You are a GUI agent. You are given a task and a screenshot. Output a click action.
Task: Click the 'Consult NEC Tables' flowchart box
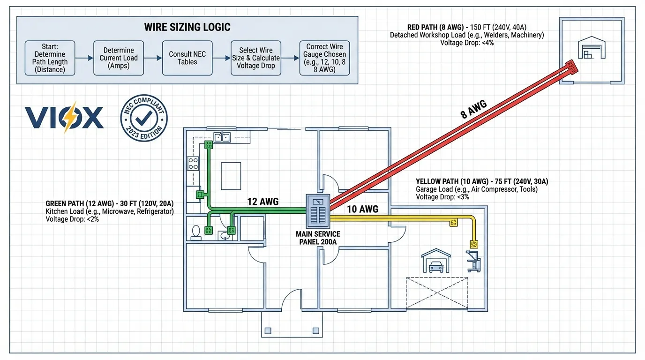[187, 58]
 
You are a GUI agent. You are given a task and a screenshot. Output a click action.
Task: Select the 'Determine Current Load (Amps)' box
[119, 58]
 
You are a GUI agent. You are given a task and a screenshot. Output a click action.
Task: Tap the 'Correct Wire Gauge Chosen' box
[324, 58]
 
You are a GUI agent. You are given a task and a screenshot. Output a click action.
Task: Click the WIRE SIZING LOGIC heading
[187, 27]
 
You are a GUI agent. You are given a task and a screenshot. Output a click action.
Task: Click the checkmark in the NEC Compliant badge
[143, 117]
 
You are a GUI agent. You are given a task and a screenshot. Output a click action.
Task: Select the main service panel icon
[318, 210]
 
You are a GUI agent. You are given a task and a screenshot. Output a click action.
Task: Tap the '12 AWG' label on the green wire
[263, 202]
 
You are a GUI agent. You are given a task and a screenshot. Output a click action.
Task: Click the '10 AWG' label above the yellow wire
[362, 209]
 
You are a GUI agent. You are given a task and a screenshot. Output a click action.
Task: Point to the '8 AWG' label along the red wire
[473, 109]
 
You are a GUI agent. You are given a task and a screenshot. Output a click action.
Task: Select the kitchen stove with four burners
[193, 163]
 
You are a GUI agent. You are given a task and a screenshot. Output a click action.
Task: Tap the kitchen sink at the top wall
[222, 137]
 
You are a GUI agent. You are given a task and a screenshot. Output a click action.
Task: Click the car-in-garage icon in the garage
[436, 262]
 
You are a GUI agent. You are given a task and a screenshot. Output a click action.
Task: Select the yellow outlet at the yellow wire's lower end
[474, 244]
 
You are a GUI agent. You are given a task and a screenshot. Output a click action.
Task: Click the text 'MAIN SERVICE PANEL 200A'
[318, 238]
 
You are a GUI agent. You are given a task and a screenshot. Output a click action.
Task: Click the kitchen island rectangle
[231, 176]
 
